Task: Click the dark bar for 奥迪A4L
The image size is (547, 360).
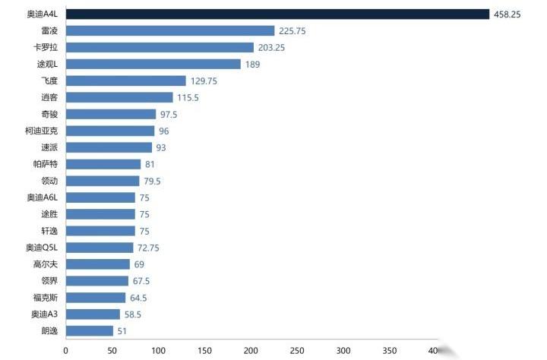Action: tap(277, 14)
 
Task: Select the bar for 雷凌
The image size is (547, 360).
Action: tap(169, 31)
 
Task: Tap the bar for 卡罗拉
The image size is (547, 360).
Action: tap(160, 48)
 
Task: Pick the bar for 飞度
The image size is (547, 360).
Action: tap(125, 81)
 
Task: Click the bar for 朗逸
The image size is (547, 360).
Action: tap(89, 331)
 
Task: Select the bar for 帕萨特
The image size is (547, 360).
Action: tap(103, 164)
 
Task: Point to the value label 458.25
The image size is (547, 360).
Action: tap(506, 14)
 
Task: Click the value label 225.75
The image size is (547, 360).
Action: tap(292, 31)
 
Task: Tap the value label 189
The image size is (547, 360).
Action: tap(252, 65)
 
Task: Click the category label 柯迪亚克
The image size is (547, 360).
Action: tap(41, 131)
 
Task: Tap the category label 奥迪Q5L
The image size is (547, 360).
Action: tap(41, 248)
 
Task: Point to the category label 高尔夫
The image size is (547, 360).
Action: tap(46, 264)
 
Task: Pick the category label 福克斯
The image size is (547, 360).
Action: tap(46, 298)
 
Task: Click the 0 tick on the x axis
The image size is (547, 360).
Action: tap(65, 350)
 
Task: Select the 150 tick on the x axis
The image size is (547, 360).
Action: tap(204, 350)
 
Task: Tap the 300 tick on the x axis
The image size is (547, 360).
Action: tap(343, 350)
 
